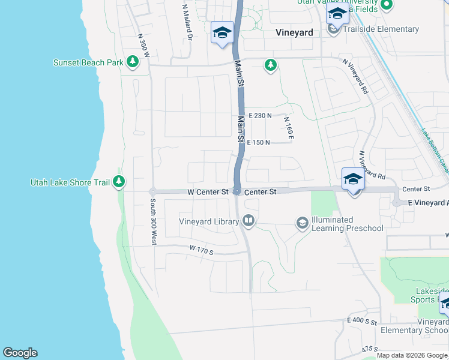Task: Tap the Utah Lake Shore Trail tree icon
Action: (119, 181)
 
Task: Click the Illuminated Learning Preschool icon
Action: (302, 224)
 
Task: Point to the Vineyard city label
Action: (294, 32)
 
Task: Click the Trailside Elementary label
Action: (381, 29)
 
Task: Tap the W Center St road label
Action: (208, 192)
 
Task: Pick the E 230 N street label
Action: (259, 116)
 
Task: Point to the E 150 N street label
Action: (259, 142)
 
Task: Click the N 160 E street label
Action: (289, 128)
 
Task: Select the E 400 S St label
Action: (361, 322)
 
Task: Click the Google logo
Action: (20, 353)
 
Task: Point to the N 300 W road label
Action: (143, 44)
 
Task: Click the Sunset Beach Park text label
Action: (88, 62)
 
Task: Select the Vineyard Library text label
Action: (209, 222)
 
